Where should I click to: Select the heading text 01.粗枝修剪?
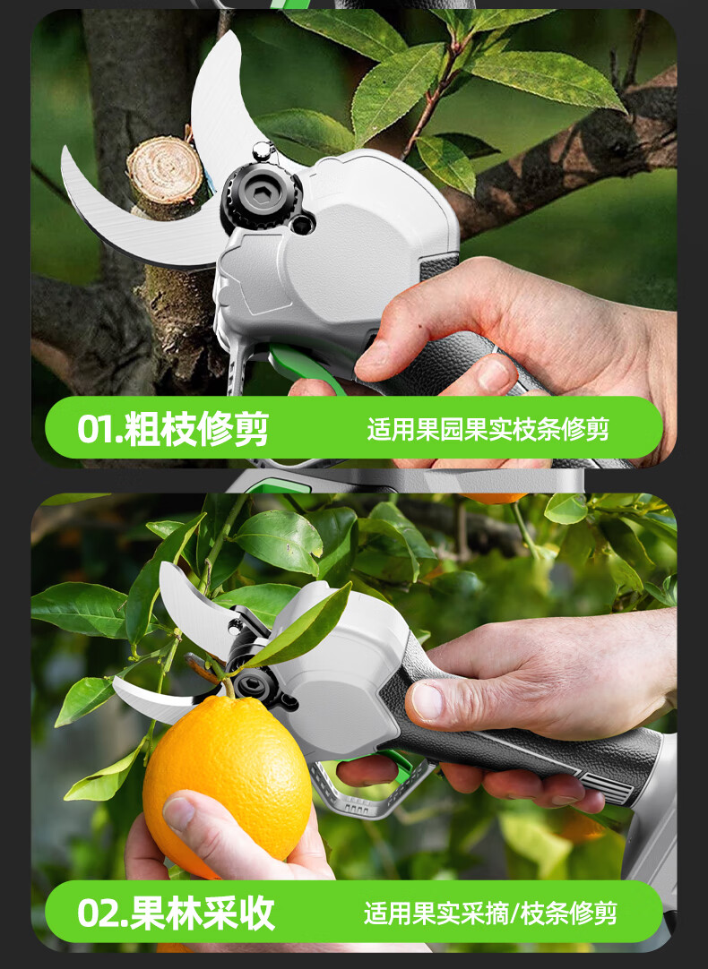click(172, 428)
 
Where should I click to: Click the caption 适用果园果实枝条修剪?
click(488, 429)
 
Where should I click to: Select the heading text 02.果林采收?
click(176, 913)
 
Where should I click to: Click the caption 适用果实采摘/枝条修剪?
click(490, 913)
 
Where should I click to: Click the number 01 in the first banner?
click(95, 429)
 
